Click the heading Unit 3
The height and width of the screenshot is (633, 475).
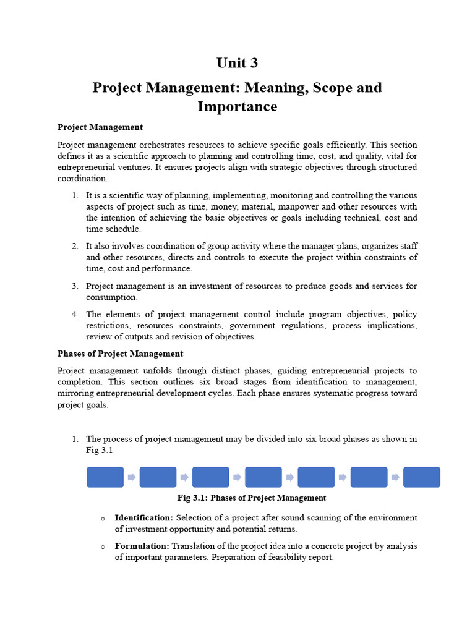tap(237, 63)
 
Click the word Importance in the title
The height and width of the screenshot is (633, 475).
tap(237, 106)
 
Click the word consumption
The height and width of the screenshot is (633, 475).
tap(111, 297)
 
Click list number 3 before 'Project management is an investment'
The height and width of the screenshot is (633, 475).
tap(74, 286)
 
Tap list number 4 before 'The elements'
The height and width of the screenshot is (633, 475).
tap(74, 314)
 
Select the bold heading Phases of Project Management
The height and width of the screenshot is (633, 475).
tap(120, 354)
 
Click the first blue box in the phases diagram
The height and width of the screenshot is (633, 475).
tap(105, 477)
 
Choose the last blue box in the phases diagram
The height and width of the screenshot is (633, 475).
tap(422, 477)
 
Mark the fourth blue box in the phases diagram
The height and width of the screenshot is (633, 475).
tap(263, 477)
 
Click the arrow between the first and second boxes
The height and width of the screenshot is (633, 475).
tap(132, 477)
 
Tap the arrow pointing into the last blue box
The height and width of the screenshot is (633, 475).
tap(395, 477)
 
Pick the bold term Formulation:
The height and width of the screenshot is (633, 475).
tap(142, 546)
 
